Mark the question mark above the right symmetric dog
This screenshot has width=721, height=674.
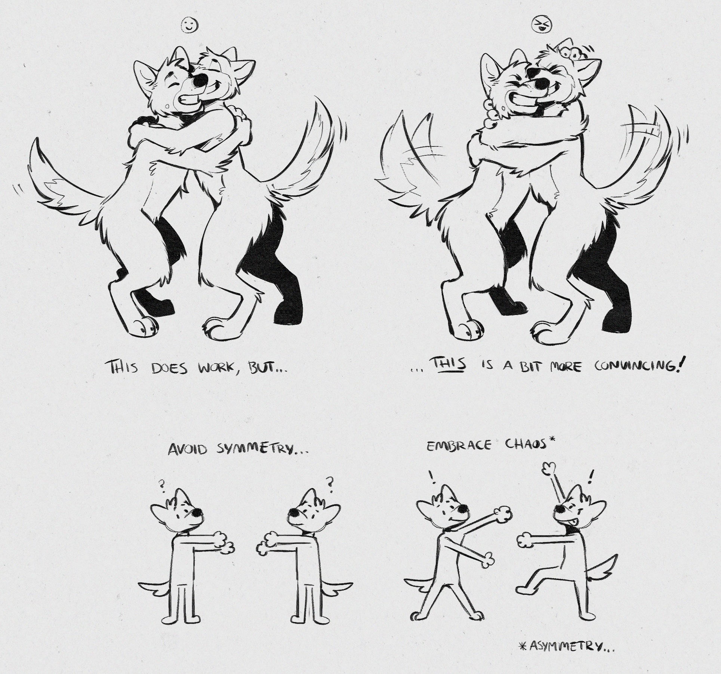point(330,482)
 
